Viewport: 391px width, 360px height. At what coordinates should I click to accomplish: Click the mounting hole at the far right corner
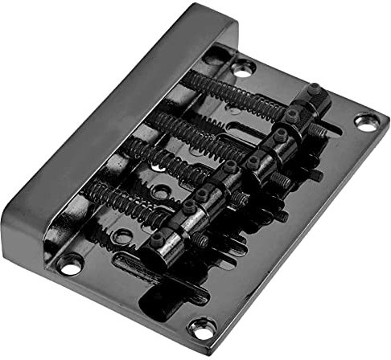point(365,123)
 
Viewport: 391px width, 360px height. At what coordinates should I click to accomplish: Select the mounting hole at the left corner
point(69,263)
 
